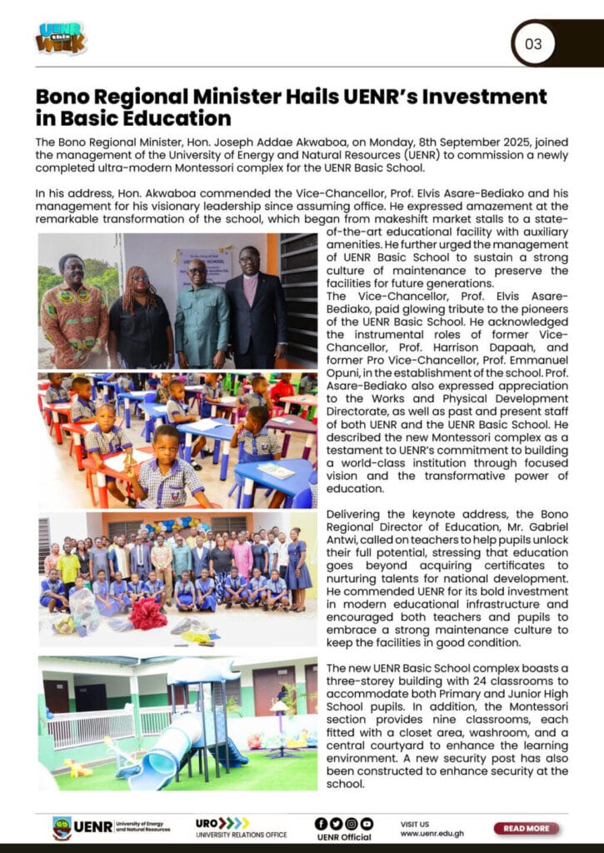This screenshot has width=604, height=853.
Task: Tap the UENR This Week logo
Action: [x=61, y=38]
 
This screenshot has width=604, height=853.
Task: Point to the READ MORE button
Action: [x=526, y=828]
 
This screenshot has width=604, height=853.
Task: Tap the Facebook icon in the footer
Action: [x=321, y=823]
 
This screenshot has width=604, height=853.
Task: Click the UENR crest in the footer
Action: [x=62, y=828]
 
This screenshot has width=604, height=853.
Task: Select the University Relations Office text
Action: [x=242, y=835]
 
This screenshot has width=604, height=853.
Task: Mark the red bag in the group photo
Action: [x=147, y=615]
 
